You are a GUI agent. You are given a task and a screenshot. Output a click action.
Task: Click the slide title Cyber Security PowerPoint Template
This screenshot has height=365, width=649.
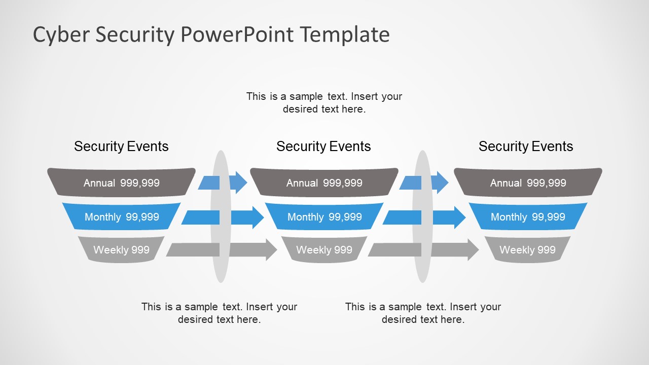pos(211,35)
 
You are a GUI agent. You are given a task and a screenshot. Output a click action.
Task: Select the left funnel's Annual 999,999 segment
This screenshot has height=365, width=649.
pos(121,182)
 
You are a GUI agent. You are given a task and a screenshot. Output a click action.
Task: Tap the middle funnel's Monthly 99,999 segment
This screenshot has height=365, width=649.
pos(324,216)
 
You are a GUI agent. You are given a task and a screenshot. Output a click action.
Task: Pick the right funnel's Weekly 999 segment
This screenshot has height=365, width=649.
pos(527,249)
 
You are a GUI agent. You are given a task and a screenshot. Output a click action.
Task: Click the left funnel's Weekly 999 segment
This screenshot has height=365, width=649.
pos(121,249)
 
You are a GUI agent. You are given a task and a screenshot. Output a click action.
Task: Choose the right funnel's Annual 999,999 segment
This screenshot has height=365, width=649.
pos(528,182)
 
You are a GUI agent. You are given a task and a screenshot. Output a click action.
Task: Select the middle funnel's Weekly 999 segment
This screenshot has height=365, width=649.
pos(324,249)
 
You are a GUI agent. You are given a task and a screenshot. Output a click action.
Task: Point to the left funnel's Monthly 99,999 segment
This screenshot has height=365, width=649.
pos(121,216)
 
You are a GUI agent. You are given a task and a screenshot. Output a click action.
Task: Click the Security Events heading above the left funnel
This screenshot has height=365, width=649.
pos(121,147)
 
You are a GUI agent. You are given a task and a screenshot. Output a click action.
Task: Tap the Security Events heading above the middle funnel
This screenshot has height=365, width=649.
pos(323,147)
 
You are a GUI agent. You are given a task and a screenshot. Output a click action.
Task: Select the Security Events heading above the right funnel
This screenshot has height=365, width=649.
pos(526,147)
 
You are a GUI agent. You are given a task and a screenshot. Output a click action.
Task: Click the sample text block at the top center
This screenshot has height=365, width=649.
pos(324,102)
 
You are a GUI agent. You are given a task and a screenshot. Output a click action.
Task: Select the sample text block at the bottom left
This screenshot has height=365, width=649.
pos(219,313)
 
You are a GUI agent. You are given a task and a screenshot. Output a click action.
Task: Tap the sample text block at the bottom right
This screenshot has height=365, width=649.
pos(423,313)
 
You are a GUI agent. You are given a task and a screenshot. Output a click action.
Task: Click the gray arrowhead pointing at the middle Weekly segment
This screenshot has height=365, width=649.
pos(270,250)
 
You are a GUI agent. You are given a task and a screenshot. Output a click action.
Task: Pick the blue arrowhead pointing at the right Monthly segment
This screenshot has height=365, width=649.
pos(459,217)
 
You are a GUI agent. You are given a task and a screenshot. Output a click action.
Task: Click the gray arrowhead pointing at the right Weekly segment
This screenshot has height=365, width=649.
pos(472,250)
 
